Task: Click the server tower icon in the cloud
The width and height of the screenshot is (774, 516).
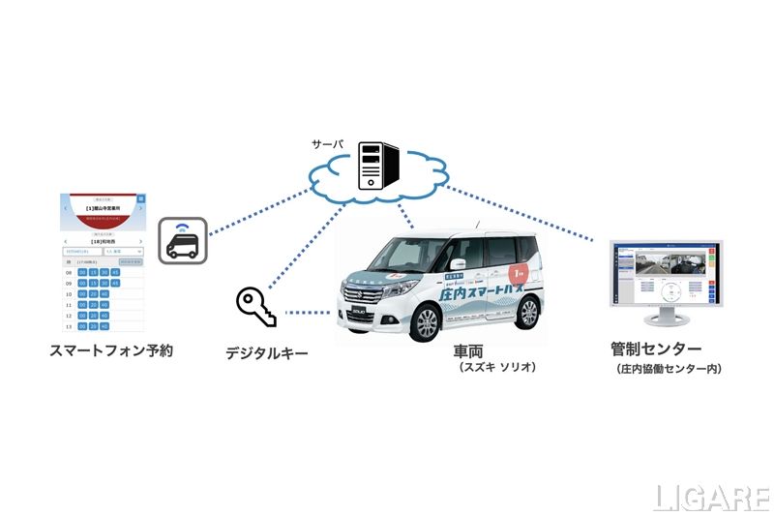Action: [373, 164]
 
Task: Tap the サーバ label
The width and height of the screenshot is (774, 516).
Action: [327, 143]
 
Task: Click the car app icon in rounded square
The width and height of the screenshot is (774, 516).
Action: [181, 239]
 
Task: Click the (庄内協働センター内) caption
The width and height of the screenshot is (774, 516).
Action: [668, 369]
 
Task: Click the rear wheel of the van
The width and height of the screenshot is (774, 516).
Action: [526, 312]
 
